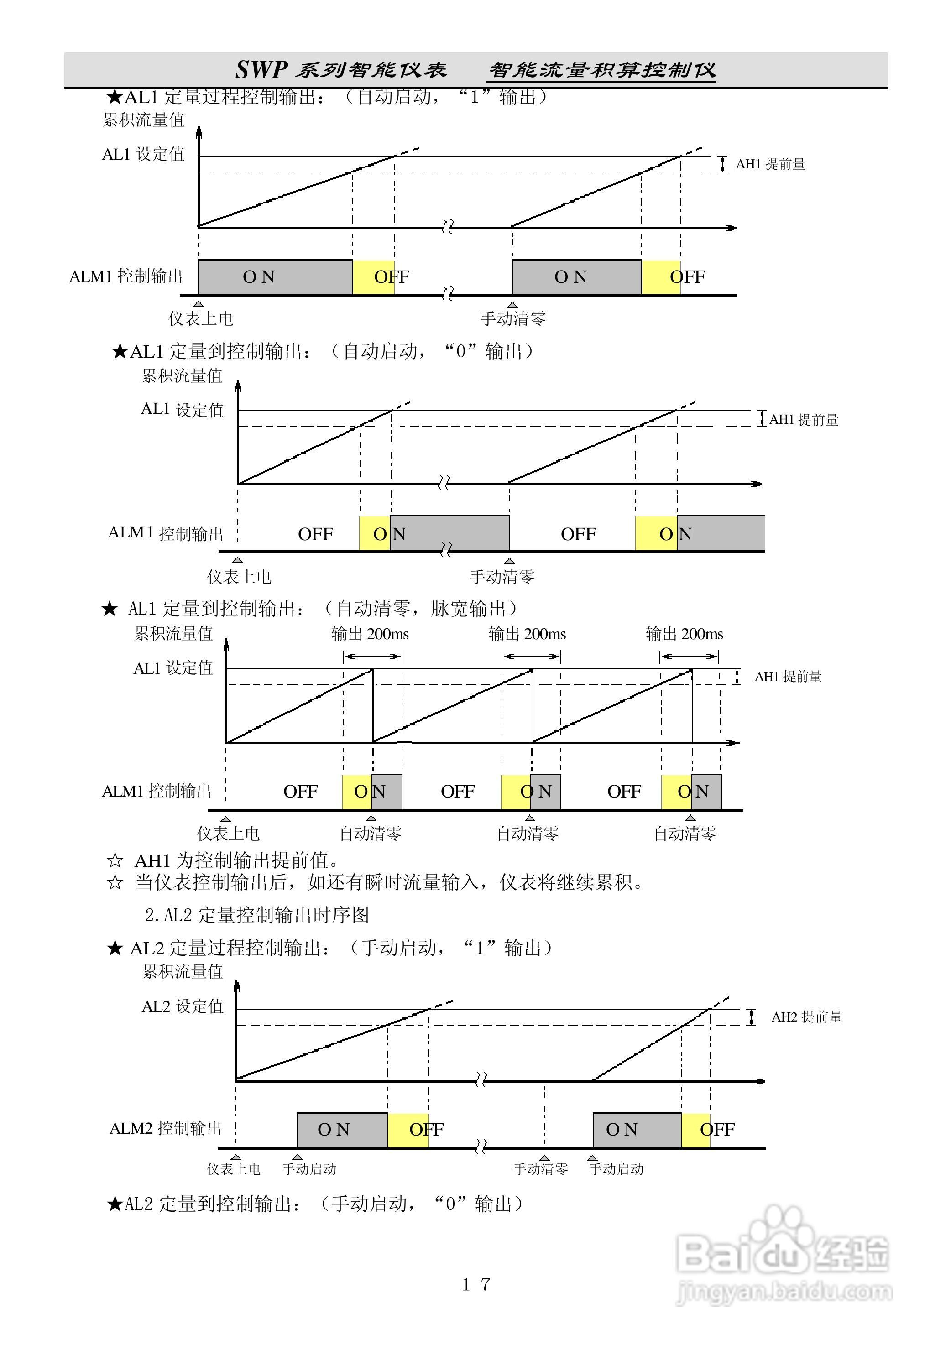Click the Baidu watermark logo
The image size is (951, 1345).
(x=783, y=1254)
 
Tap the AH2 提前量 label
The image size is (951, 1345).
(x=806, y=1017)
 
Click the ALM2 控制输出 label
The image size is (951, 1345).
(x=166, y=1128)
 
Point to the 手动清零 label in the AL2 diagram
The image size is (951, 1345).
(x=541, y=1169)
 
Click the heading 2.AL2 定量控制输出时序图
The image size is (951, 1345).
(x=256, y=914)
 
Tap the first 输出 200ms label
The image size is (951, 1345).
(x=370, y=634)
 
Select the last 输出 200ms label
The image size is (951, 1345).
(x=685, y=634)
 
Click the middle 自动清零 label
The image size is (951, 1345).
(x=528, y=833)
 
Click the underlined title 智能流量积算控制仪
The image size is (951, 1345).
(x=602, y=70)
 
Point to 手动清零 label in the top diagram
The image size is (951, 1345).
(x=513, y=318)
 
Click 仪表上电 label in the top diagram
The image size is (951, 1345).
(x=201, y=318)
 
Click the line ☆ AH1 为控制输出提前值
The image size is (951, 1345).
(x=223, y=860)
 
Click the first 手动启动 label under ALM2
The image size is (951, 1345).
(x=309, y=1169)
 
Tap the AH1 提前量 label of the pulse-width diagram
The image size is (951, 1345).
(x=788, y=677)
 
